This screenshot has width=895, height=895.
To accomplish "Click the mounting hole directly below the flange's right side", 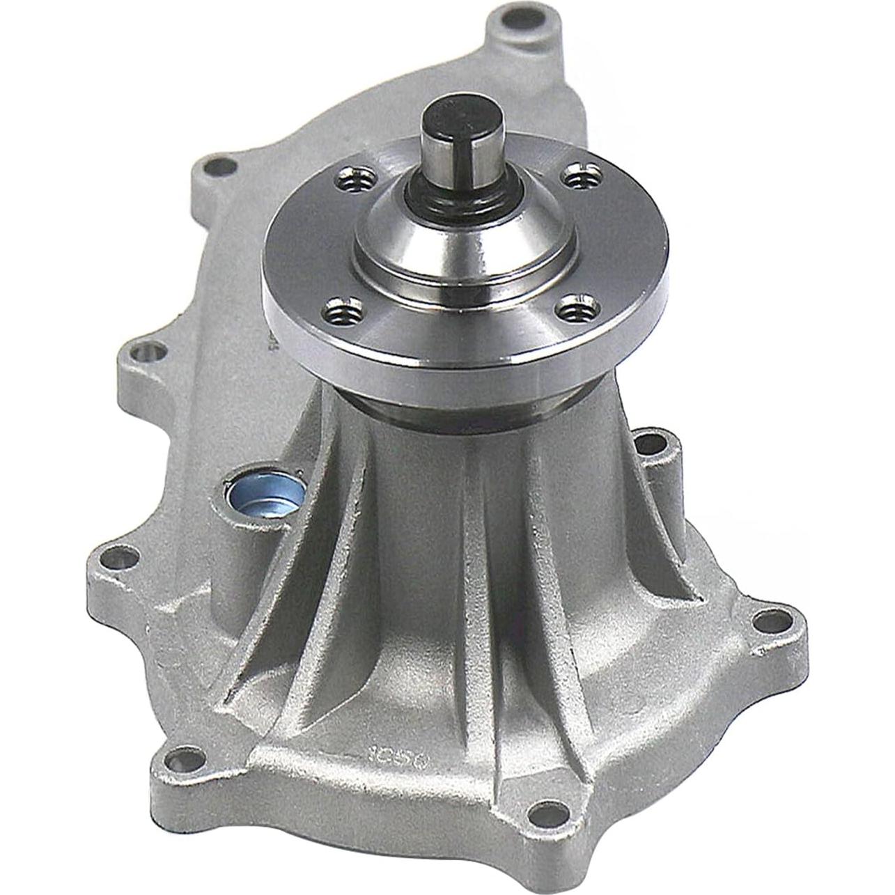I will point(650,441).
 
